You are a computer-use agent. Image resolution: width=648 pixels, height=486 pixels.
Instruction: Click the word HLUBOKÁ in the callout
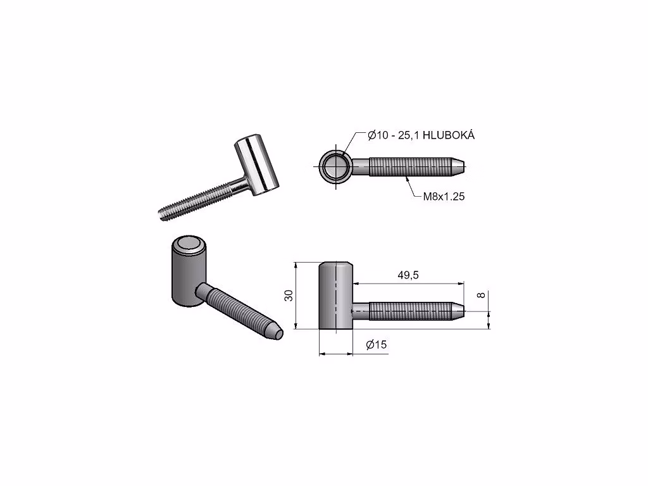(x=449, y=135)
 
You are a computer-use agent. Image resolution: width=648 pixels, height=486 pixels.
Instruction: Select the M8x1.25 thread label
(x=444, y=196)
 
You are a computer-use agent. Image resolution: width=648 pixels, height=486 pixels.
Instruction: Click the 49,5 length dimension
(x=408, y=275)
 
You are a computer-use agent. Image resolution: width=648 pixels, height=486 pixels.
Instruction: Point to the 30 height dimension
(x=289, y=296)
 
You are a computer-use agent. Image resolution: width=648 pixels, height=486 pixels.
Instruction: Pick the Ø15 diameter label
(x=377, y=344)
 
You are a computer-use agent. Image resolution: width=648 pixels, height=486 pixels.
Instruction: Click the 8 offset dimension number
(x=481, y=295)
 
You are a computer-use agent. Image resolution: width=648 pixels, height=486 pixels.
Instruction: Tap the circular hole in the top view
(x=336, y=167)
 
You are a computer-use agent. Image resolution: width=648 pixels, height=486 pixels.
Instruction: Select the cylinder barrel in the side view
(x=335, y=296)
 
